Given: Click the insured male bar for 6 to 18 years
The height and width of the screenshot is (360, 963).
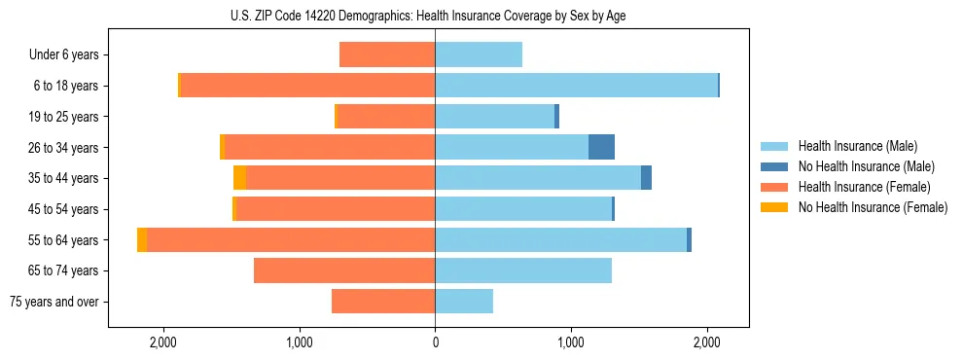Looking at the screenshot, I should [x=576, y=86].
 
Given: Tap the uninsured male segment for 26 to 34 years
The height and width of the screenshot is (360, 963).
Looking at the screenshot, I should [x=601, y=147].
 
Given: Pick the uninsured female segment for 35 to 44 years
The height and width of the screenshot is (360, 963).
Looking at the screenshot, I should [x=239, y=178].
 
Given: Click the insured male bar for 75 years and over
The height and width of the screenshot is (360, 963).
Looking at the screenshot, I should [x=464, y=302].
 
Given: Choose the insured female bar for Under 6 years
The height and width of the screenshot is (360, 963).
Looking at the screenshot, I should [x=387, y=54].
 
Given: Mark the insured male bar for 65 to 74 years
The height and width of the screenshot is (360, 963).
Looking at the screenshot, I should [x=523, y=270].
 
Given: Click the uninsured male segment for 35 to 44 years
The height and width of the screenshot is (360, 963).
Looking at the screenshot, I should [x=646, y=178].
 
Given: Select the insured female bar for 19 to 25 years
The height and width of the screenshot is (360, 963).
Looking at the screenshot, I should [x=385, y=117].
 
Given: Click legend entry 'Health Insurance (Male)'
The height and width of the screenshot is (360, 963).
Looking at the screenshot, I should [x=857, y=146].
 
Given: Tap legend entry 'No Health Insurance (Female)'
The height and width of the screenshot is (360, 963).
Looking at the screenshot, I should [x=873, y=207].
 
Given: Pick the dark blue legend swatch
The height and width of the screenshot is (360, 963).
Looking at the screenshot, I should [x=774, y=166].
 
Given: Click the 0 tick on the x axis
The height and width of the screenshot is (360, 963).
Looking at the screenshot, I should [x=435, y=342].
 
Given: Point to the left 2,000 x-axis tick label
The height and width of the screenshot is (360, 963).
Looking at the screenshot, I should [x=162, y=342].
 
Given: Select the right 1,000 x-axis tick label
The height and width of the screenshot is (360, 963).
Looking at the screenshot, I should [x=571, y=342].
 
